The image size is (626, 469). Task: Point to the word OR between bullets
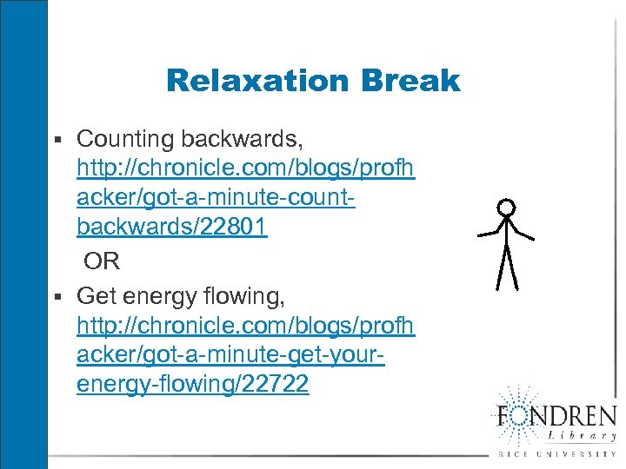(x=102, y=261)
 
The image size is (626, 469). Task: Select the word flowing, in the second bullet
(x=247, y=296)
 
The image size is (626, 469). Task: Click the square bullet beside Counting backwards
(x=58, y=139)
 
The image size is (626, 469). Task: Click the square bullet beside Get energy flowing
(x=58, y=296)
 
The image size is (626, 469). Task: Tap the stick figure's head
(x=506, y=208)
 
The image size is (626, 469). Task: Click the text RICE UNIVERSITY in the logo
(x=556, y=454)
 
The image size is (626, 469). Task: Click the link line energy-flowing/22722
(x=192, y=384)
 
